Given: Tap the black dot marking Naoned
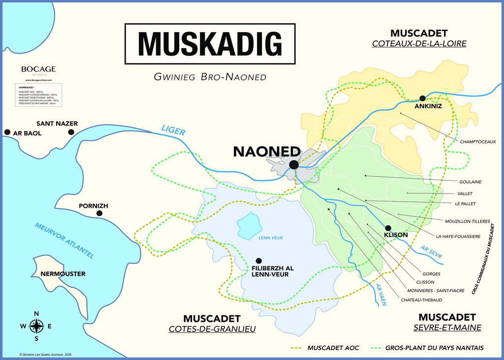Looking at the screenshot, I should click(x=294, y=164).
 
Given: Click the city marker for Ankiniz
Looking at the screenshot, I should click(x=422, y=98).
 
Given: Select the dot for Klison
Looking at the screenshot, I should click(x=388, y=228).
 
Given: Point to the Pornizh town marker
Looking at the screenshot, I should click(x=99, y=213).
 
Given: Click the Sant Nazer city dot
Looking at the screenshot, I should click(x=71, y=132).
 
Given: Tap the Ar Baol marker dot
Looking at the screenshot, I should click(x=7, y=132).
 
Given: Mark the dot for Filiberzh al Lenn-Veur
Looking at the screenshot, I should click(x=259, y=261).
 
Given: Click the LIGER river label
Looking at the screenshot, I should click(x=173, y=131).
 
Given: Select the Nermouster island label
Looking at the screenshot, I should click(x=63, y=273).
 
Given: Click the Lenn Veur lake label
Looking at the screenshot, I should click(x=270, y=238).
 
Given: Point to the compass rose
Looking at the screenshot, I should click(x=36, y=326).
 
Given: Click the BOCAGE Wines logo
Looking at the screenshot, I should click(x=38, y=70).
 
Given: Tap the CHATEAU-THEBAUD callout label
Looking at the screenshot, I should click(x=421, y=299).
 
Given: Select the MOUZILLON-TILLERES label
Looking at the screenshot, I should click(x=467, y=221).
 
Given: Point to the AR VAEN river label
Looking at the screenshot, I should click(x=380, y=295).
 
